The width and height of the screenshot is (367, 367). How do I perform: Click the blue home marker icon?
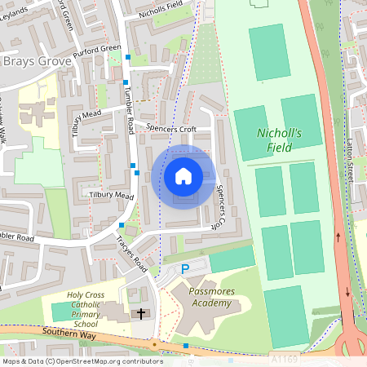[183, 175]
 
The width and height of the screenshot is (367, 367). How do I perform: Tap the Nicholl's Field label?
[280, 139]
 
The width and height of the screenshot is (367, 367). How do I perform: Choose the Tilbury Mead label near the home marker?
[112, 196]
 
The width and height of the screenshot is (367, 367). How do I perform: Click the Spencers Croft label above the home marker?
[171, 128]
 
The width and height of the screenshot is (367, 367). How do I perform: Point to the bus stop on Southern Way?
[186, 346]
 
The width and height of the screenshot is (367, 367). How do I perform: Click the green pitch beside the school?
[60, 311]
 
